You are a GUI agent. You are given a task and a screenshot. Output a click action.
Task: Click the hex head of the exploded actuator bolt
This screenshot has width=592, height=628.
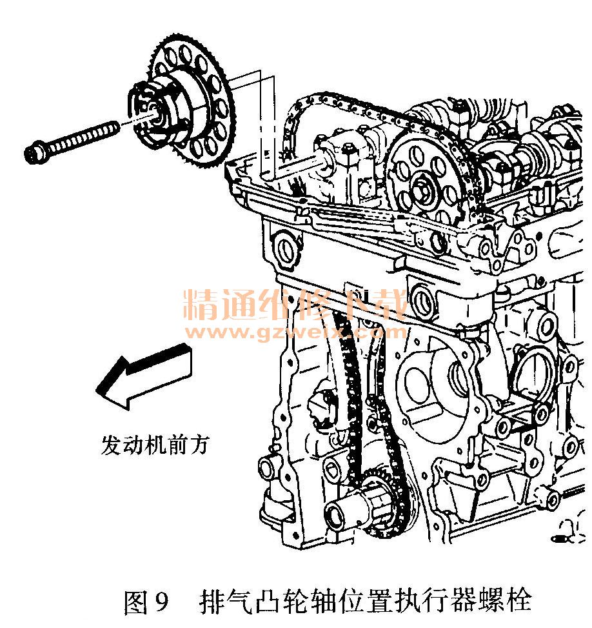point(36,153)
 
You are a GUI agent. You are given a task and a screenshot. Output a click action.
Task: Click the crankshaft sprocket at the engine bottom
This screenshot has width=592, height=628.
point(384,501)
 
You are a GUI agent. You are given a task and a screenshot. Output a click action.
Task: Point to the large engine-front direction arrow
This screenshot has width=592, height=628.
point(144,376)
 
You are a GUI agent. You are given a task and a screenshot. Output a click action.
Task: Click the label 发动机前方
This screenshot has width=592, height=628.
point(155,445)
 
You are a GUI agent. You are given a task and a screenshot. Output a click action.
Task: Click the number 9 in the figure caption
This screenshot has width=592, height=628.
point(161,601)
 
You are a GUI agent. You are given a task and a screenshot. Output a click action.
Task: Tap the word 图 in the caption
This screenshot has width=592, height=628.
point(136,601)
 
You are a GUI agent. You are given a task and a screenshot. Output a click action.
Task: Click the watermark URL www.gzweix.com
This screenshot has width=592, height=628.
point(296,332)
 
